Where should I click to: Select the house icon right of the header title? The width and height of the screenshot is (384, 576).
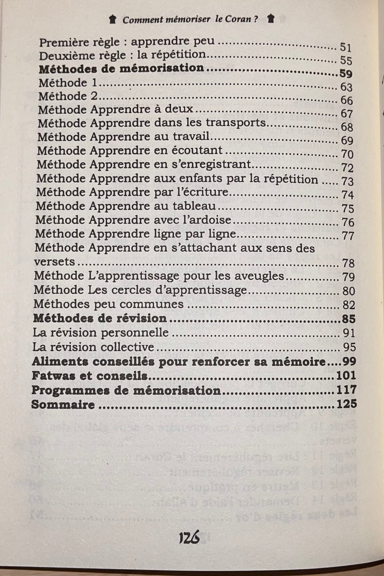[271, 19]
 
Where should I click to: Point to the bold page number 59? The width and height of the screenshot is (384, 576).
[346, 73]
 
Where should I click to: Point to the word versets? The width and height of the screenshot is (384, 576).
[54, 262]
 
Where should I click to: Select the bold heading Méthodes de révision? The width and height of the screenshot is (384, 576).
[100, 318]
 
